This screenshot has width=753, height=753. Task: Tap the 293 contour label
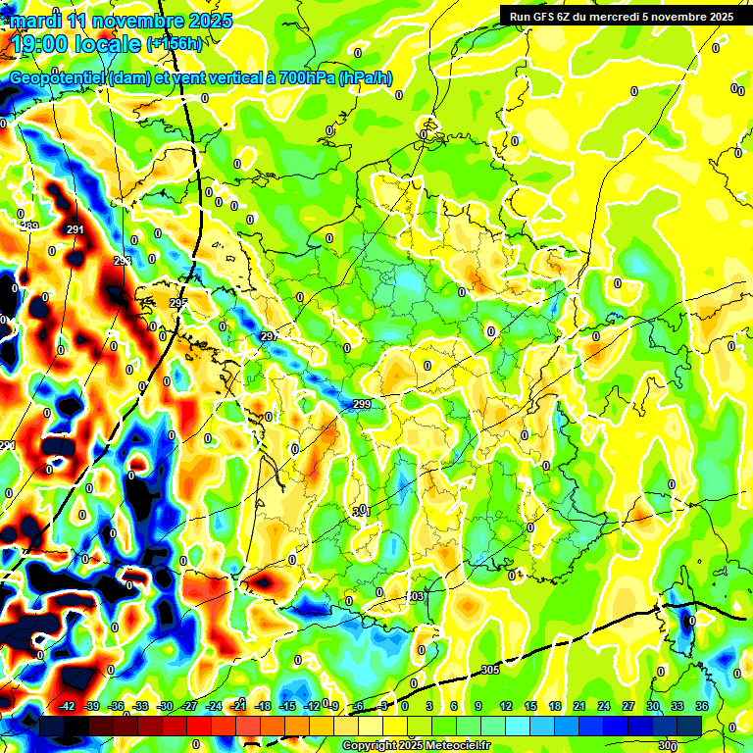[x=122, y=261]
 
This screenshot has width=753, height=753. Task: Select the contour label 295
[x=177, y=303]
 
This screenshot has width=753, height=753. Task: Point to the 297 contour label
[x=270, y=336]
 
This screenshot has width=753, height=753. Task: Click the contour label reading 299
[x=362, y=404]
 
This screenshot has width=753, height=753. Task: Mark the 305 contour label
[x=490, y=670]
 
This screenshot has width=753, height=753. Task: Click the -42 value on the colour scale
[x=68, y=706]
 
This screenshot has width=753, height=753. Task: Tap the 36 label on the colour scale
[x=701, y=706]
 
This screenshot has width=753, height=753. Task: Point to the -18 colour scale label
[x=263, y=706]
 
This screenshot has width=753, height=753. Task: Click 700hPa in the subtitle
[x=301, y=78]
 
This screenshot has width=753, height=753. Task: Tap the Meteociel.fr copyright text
[x=416, y=745]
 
